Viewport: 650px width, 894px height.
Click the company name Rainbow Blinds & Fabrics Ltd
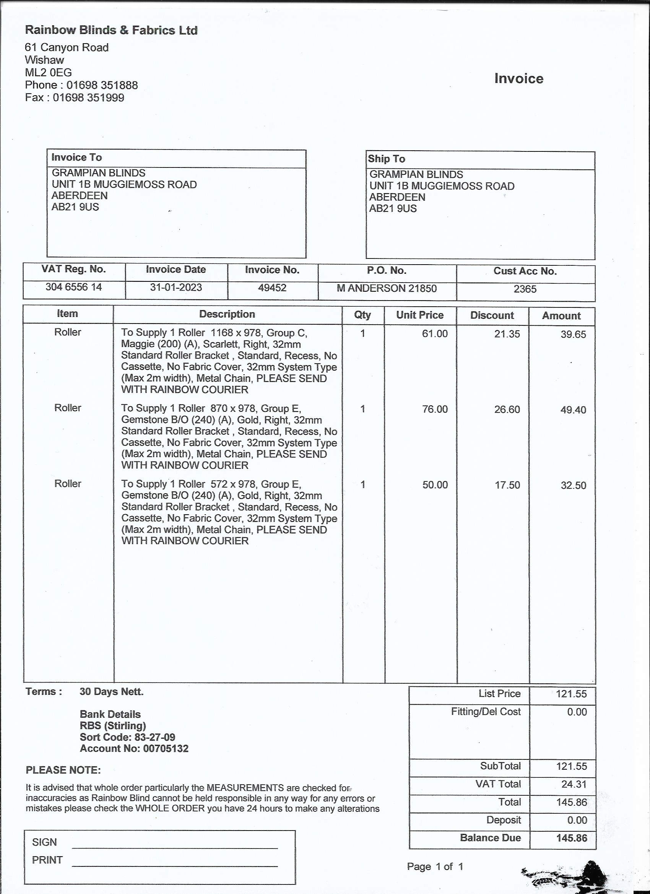click(111, 30)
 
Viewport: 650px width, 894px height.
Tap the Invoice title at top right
click(519, 78)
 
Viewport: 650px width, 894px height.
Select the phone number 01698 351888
click(102, 85)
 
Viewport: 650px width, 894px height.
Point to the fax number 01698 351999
click(89, 98)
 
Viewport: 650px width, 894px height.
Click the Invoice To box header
click(76, 158)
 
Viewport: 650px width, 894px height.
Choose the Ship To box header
click(386, 159)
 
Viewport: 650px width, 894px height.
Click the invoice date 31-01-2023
click(176, 288)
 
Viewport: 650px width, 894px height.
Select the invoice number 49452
click(272, 288)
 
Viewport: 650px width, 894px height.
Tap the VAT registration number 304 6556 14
click(74, 287)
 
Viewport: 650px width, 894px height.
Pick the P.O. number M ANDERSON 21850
click(386, 289)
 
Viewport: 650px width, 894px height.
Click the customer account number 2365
click(525, 289)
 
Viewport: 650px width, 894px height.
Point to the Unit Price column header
click(420, 315)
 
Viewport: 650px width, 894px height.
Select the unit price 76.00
click(435, 409)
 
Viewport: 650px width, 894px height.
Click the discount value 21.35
click(507, 334)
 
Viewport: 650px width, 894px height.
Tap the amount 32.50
click(573, 485)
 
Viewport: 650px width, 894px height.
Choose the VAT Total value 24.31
click(574, 784)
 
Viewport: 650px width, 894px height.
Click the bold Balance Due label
click(490, 838)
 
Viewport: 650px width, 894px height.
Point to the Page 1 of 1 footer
click(435, 866)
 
